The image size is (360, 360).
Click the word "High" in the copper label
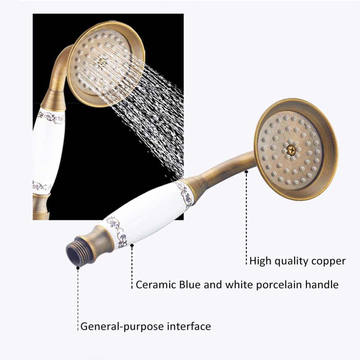pyautogui.click(x=261, y=261)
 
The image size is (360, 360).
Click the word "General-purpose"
pyautogui.click(x=122, y=327)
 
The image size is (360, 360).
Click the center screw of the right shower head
pyautogui.click(x=291, y=151)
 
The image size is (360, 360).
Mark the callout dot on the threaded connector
pyautogui.click(x=78, y=268)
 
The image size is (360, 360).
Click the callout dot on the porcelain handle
pyautogui.click(x=132, y=246)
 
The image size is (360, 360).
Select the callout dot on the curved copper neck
pyautogui.click(x=246, y=172)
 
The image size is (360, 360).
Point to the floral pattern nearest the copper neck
pyautogui.click(x=186, y=194)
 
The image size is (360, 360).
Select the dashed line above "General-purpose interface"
pyautogui.click(x=78, y=299)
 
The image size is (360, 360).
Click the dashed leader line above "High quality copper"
pyautogui.click(x=246, y=219)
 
